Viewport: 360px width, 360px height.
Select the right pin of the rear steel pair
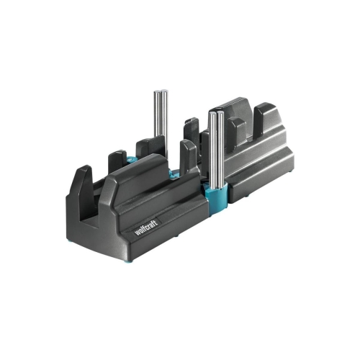(164, 113)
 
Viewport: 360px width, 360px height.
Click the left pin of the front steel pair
(212, 149)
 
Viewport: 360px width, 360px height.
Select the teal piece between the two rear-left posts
(131, 159)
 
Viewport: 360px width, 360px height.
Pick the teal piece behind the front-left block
(174, 174)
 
